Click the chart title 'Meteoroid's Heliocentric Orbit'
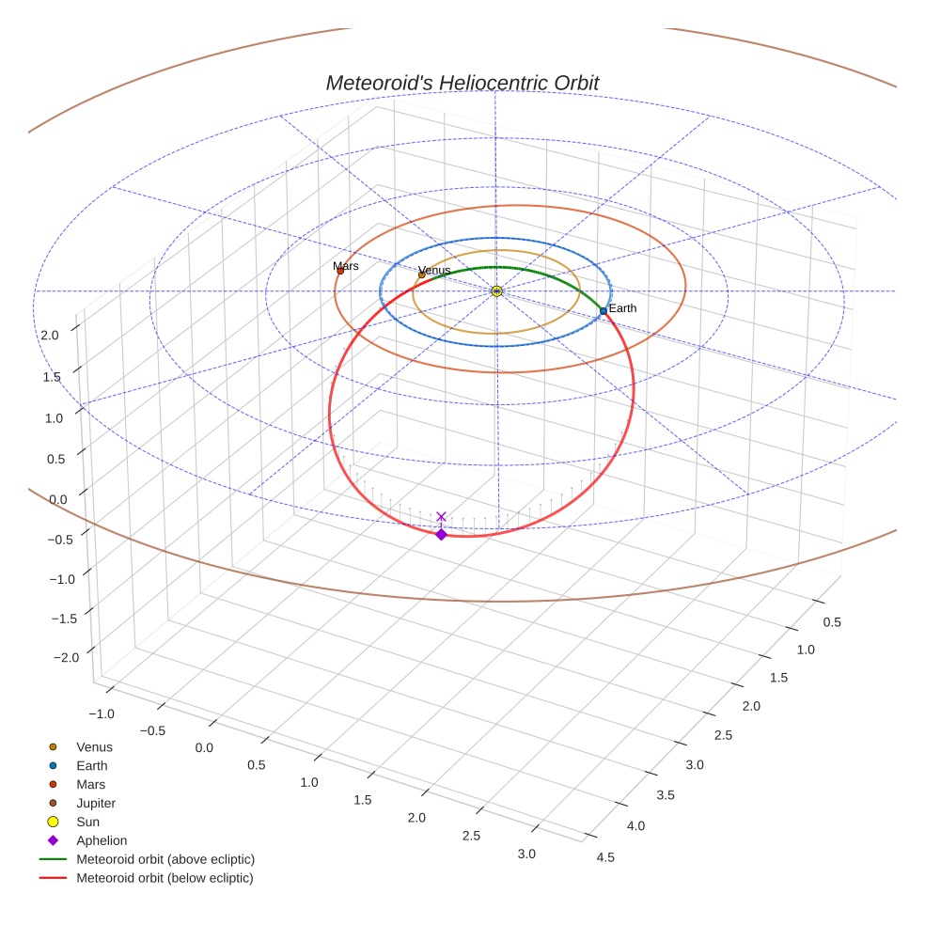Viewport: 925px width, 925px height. [462, 83]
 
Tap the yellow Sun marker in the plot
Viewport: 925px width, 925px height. [496, 291]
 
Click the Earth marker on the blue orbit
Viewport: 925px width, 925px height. [604, 310]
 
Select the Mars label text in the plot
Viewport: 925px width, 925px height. [346, 266]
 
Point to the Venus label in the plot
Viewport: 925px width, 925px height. [434, 270]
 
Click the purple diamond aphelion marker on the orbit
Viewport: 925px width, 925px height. [441, 534]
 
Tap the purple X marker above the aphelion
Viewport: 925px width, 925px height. [441, 516]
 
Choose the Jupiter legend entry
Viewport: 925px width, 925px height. [96, 803]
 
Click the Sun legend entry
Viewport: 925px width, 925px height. [89, 822]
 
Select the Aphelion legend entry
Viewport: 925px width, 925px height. [102, 840]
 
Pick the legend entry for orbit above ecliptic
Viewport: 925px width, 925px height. [165, 859]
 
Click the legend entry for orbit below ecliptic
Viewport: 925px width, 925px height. [165, 878]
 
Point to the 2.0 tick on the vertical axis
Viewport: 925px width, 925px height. [50, 334]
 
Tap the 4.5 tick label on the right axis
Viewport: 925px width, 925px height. [605, 856]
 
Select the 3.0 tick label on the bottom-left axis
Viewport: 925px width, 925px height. [525, 854]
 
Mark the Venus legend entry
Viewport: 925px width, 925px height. [94, 746]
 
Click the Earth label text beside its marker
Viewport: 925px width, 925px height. [622, 308]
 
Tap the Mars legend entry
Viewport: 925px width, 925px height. [90, 784]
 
